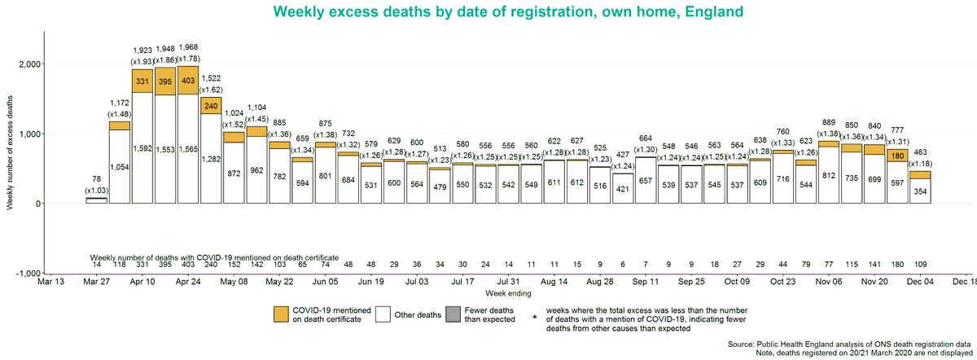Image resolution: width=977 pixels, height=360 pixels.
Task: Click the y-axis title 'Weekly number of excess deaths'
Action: click(10, 152)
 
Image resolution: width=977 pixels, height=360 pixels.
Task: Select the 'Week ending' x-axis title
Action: click(508, 292)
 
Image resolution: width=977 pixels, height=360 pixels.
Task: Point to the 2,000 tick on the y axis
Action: click(29, 64)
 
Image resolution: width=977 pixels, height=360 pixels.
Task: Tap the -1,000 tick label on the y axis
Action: click(28, 274)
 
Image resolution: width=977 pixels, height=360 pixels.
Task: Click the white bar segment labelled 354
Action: click(921, 191)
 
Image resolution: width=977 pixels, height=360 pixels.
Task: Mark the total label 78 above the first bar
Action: click(97, 178)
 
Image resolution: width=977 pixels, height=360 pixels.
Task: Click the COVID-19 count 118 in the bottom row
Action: click(120, 265)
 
